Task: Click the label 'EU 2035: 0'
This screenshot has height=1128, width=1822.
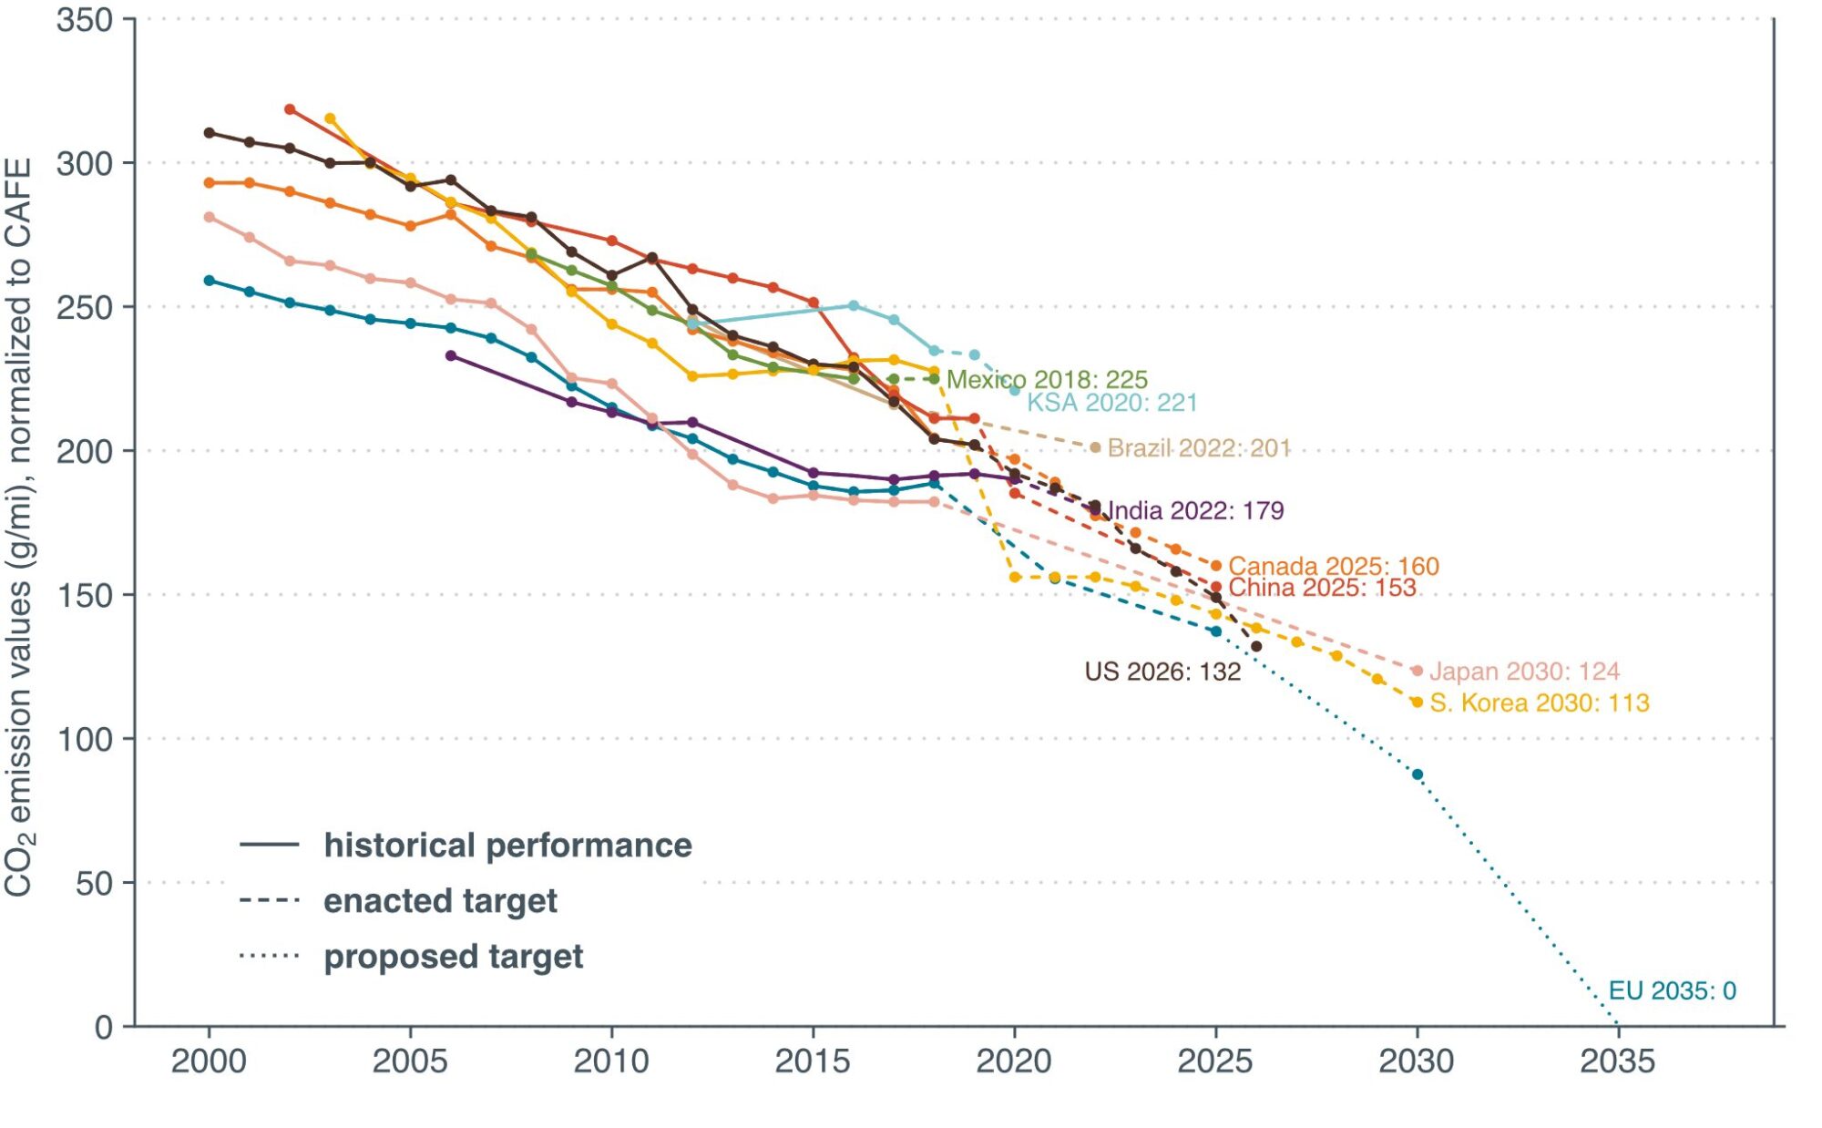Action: click(1672, 990)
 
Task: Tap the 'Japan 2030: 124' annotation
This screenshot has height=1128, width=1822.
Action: click(1524, 672)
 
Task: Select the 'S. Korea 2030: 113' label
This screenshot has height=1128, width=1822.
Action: click(1539, 702)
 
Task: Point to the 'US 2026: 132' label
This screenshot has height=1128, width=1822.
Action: click(1162, 672)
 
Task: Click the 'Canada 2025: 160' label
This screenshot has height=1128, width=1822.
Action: click(1334, 566)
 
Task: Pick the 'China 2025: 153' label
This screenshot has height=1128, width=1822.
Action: click(1322, 588)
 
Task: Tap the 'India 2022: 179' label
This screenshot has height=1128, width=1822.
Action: click(1195, 510)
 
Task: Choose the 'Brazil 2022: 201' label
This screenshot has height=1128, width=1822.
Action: click(1199, 448)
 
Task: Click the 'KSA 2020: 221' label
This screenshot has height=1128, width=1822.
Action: click(1112, 403)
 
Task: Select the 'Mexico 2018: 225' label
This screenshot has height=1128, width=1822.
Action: click(1047, 379)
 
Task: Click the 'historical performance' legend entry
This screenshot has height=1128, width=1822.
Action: click(507, 846)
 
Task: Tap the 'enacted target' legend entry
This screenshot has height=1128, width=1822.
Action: click(440, 901)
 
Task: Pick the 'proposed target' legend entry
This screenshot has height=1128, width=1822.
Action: click(453, 957)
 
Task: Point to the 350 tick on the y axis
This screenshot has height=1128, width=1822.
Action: click(85, 20)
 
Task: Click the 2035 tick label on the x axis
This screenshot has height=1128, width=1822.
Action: click(1617, 1061)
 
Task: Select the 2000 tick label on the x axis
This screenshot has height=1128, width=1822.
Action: click(209, 1061)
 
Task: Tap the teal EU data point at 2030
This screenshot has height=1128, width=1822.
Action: click(1417, 774)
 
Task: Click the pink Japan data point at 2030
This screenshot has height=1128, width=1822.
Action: click(1417, 671)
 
